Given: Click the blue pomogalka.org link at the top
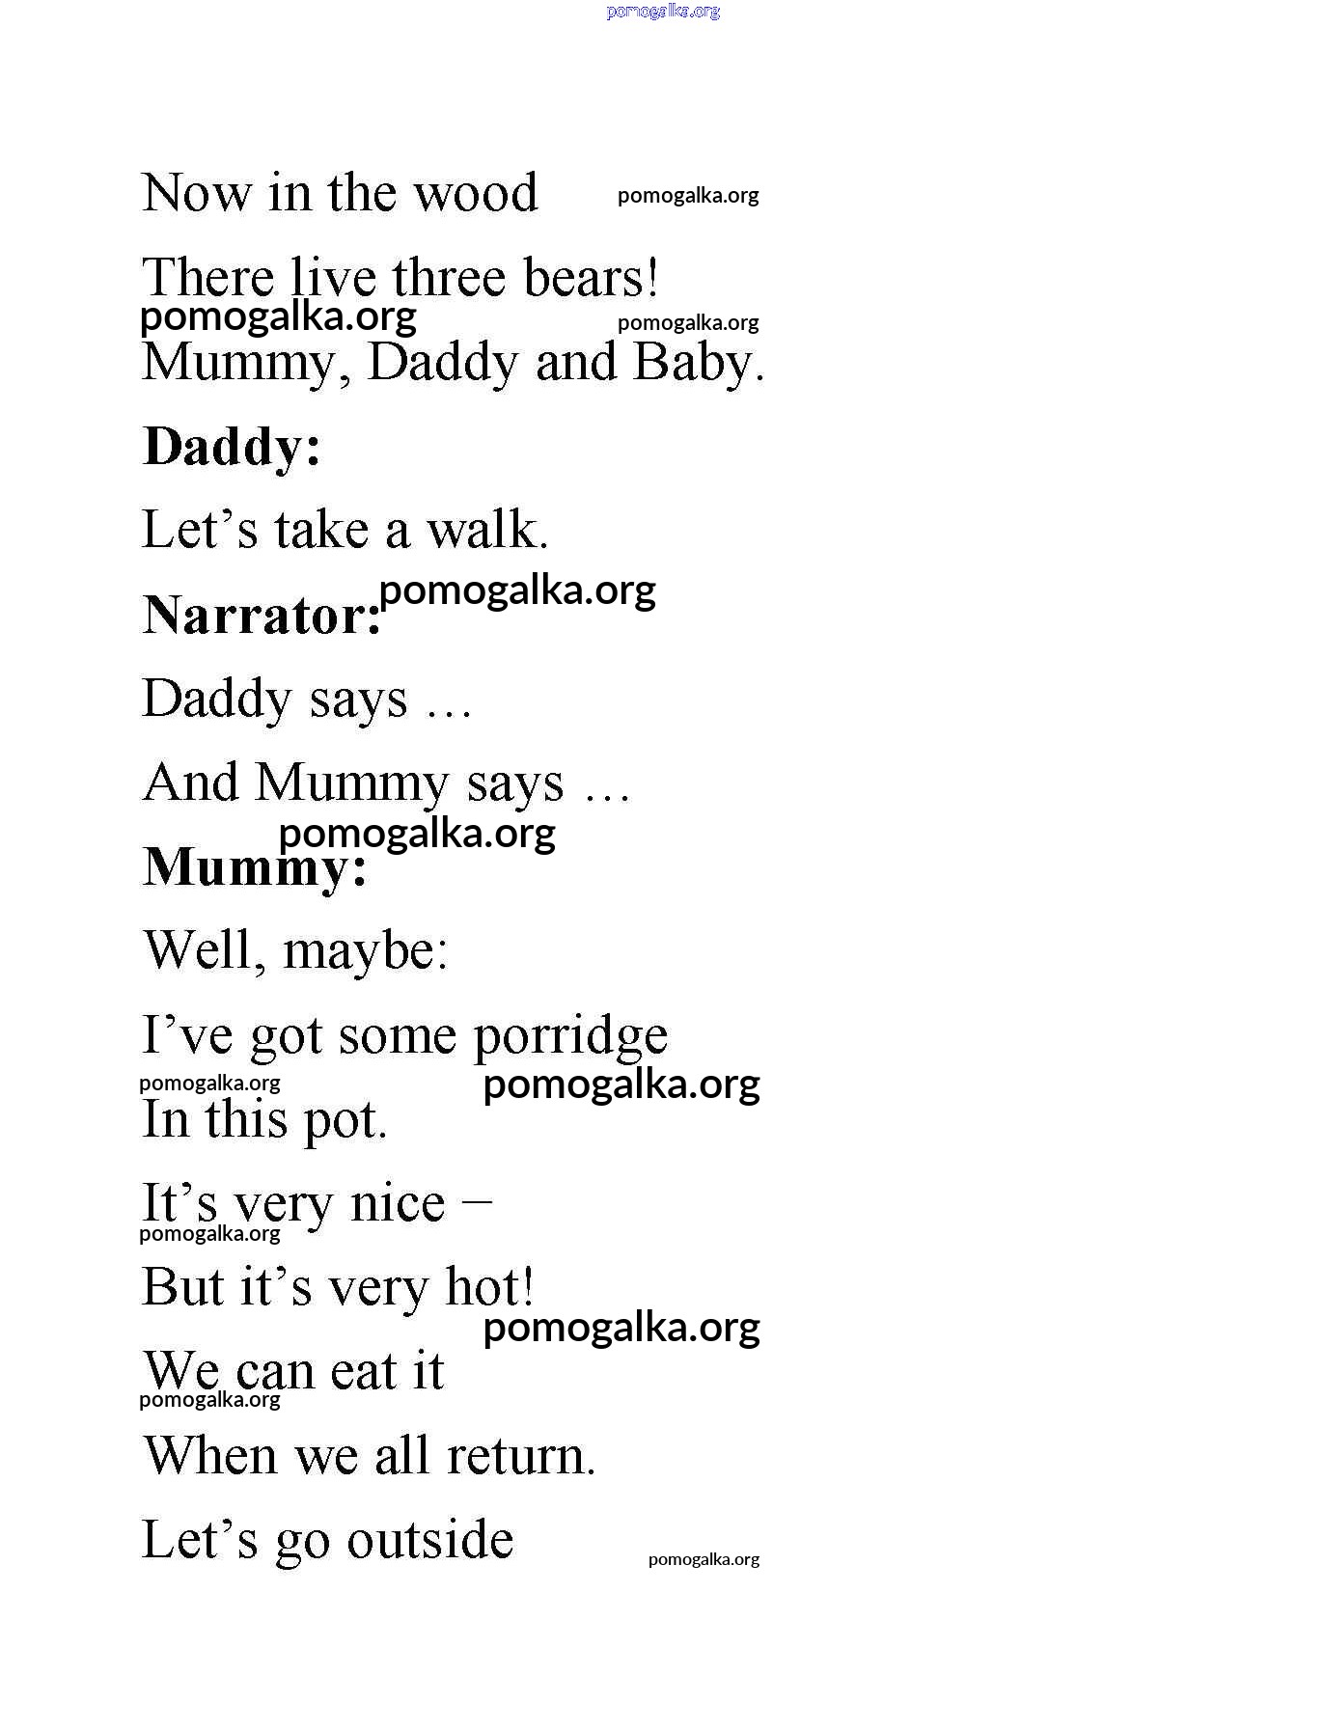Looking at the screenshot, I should (x=663, y=12).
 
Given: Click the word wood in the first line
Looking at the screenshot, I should (x=475, y=193).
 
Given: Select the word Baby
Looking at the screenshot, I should (x=697, y=363).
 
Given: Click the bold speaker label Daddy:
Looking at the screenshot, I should (x=232, y=448).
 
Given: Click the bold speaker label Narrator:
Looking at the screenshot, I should (x=262, y=616).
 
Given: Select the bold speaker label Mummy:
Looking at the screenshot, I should (x=255, y=867).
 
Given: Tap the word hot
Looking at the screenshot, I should (x=488, y=1287).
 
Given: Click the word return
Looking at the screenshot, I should (x=519, y=1456).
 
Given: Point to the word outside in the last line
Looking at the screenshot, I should (x=429, y=1540).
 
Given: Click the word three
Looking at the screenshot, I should (x=448, y=278).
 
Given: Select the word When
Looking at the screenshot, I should (x=210, y=1456).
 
